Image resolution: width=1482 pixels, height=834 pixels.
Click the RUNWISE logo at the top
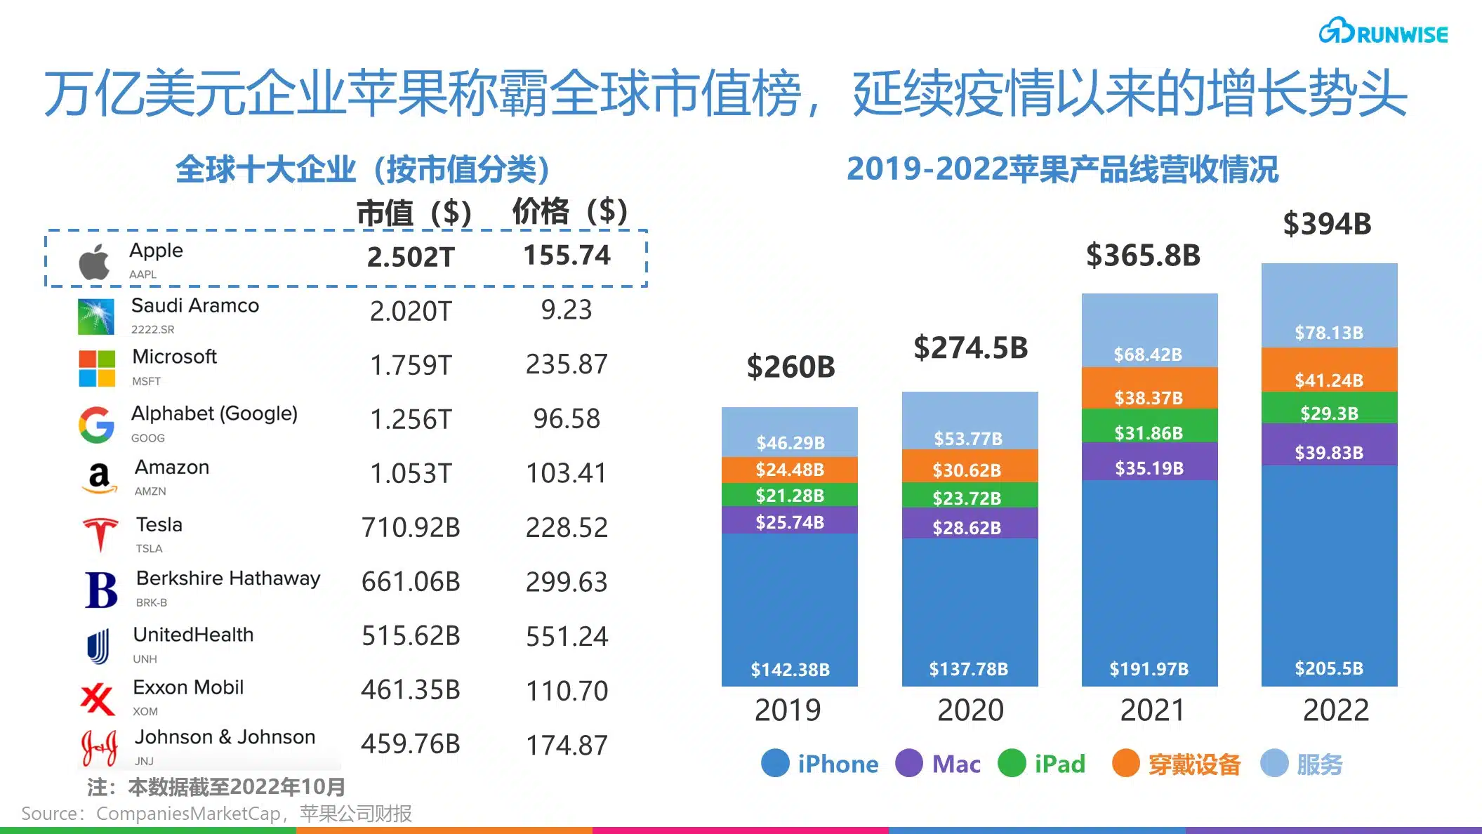click(x=1382, y=32)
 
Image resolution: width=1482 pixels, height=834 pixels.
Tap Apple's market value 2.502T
click(x=411, y=257)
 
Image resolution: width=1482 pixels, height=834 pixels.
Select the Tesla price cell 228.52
click(x=567, y=528)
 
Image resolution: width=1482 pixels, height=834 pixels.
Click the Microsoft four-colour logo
click(x=97, y=369)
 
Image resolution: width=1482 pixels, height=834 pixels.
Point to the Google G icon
click(x=96, y=425)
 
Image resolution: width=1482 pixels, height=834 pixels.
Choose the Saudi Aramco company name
click(x=195, y=305)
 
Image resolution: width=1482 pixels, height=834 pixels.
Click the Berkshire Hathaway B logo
click(x=101, y=590)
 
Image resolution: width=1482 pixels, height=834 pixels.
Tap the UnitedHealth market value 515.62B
click(x=411, y=636)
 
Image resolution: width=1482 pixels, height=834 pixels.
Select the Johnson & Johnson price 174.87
click(x=567, y=746)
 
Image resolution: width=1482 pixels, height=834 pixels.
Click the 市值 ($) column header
click(x=413, y=212)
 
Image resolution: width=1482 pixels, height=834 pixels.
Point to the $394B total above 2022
click(x=1327, y=224)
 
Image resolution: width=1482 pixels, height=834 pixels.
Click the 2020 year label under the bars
click(x=970, y=710)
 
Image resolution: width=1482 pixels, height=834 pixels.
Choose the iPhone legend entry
click(x=820, y=764)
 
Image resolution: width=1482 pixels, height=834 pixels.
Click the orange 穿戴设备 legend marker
click(x=1126, y=764)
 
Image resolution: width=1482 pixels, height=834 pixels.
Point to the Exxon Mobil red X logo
click(x=97, y=699)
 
